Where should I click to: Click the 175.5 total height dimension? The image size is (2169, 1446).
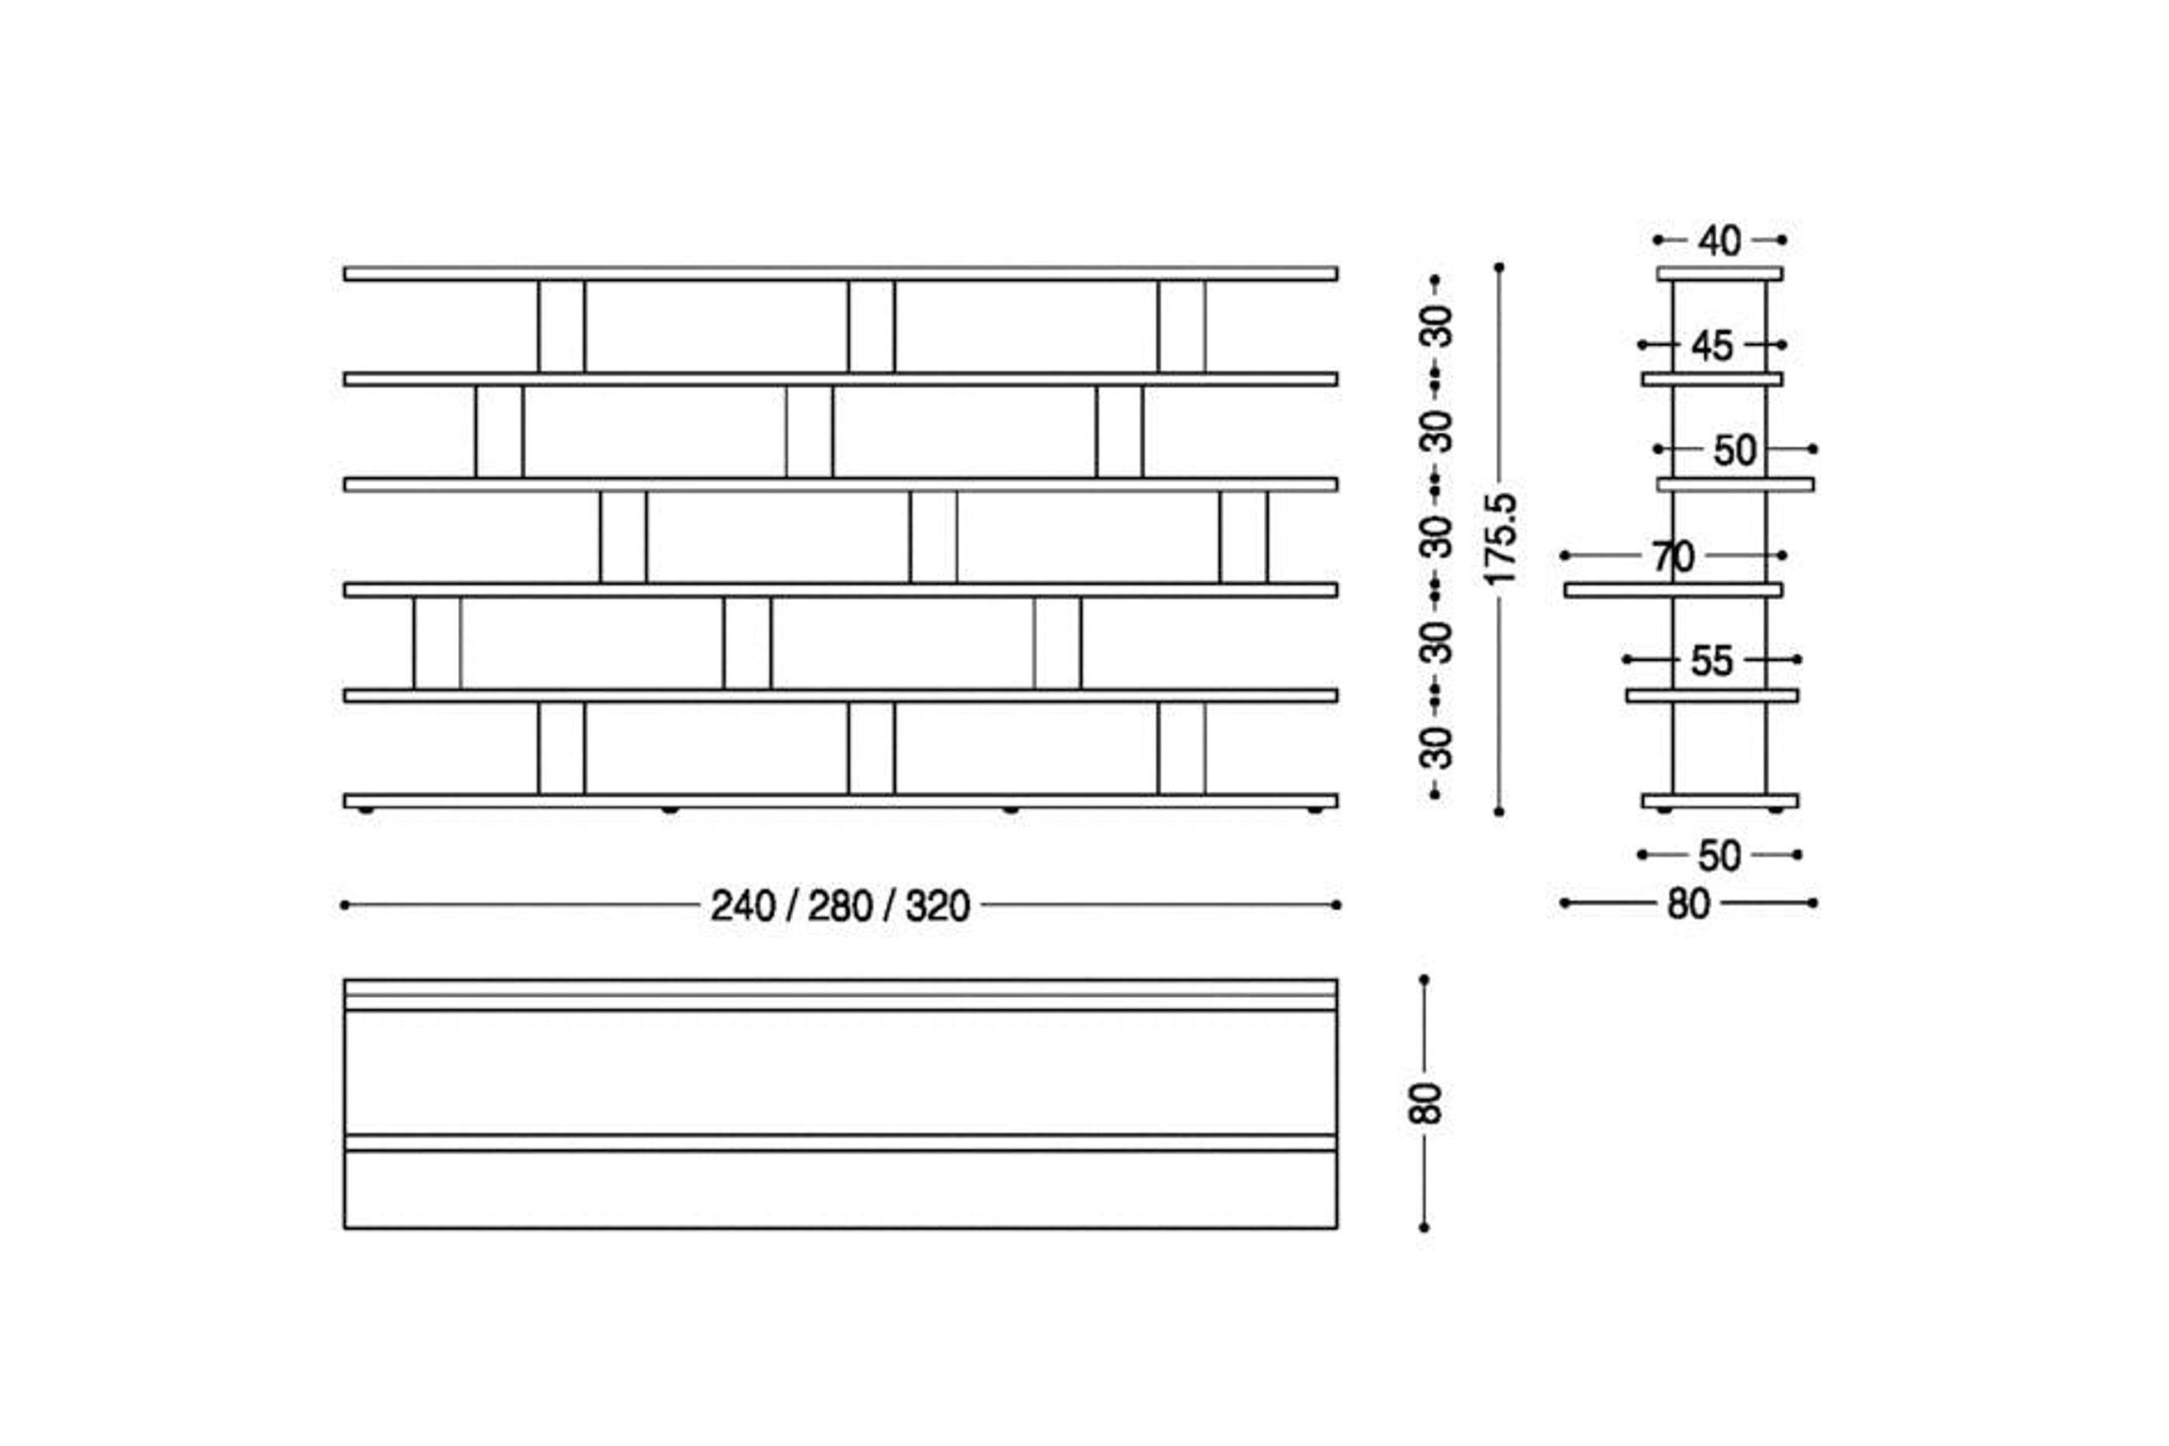[1499, 539]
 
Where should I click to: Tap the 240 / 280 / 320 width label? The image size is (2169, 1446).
[840, 906]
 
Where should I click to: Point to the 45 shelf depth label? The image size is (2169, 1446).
[1712, 346]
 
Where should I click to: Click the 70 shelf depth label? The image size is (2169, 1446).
[1673, 556]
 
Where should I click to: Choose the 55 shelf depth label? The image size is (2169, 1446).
[1712, 661]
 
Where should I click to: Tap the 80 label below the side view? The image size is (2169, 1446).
[1689, 904]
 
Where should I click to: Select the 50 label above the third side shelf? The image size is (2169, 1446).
[1734, 450]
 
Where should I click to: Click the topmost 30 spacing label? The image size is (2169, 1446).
[1436, 326]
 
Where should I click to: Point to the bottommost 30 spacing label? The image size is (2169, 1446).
[1436, 748]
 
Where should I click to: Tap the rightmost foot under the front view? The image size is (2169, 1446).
[1314, 809]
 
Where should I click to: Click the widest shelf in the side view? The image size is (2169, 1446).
[1673, 590]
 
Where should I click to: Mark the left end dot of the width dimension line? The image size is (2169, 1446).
[345, 905]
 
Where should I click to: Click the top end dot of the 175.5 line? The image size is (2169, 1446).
[1499, 268]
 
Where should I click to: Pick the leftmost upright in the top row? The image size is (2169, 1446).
[562, 327]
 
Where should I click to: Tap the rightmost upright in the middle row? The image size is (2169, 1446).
[1243, 537]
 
